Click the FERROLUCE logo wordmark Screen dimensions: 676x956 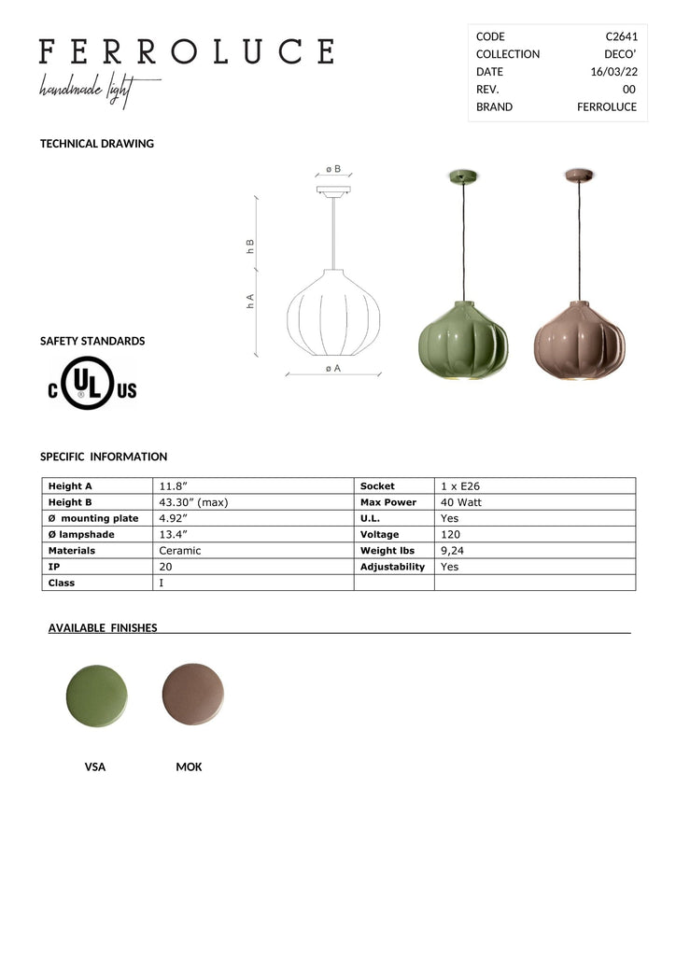[187, 51]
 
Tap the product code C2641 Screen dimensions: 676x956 [621, 36]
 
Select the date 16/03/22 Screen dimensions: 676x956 [613, 72]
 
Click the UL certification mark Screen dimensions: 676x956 [92, 383]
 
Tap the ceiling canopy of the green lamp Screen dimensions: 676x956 [463, 176]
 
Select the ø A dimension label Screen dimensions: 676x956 [332, 368]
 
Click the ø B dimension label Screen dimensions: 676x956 [332, 169]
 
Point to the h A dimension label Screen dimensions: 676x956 [250, 302]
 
